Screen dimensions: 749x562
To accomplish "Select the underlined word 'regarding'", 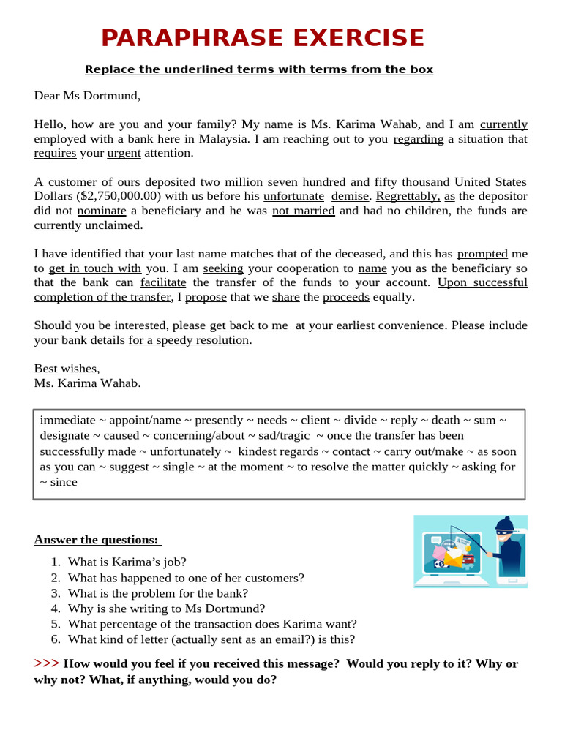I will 418,139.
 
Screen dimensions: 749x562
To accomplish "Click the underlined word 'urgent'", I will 124,153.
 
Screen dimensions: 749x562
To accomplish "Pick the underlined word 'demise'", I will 350,196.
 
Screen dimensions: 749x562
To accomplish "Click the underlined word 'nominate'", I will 102,211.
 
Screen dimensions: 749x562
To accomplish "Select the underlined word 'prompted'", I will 482,254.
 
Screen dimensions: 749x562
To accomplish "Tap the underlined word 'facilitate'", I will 163,282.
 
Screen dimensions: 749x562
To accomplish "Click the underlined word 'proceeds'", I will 346,297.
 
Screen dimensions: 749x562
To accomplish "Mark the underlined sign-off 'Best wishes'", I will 65,369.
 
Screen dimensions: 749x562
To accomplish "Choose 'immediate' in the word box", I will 67,420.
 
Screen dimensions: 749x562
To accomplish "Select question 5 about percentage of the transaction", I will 212,624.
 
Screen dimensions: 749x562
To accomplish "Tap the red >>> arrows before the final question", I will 46,663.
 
